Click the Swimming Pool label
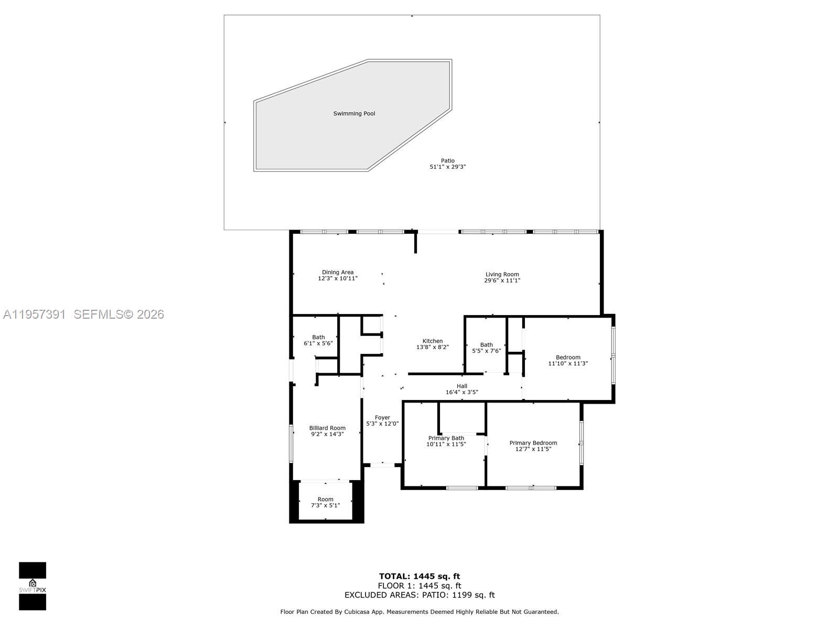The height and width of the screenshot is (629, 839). click(x=354, y=114)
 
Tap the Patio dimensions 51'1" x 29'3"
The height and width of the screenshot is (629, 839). click(x=448, y=167)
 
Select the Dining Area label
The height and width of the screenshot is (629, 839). click(x=338, y=272)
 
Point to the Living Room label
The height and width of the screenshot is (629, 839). click(x=502, y=274)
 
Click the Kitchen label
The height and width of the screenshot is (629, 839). click(x=433, y=341)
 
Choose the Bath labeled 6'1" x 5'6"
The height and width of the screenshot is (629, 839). click(x=318, y=341)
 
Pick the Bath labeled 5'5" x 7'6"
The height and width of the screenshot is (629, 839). click(x=487, y=348)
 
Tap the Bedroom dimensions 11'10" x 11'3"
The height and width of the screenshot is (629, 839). click(x=568, y=363)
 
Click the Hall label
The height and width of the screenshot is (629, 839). click(x=462, y=386)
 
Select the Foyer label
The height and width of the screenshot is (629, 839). click(x=382, y=418)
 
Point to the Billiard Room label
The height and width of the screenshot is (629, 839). click(x=327, y=428)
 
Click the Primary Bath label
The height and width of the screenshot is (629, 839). click(x=446, y=438)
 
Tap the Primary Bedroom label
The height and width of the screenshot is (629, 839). click(x=533, y=443)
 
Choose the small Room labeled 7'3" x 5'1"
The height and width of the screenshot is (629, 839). click(x=326, y=502)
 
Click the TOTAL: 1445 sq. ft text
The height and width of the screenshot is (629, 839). click(x=419, y=577)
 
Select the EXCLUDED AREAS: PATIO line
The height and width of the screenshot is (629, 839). click(x=419, y=595)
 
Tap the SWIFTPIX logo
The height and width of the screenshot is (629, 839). click(x=33, y=586)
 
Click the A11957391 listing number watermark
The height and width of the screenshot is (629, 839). click(x=34, y=314)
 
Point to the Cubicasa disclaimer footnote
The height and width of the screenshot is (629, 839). click(x=419, y=612)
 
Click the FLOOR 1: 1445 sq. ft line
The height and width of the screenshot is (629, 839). click(x=419, y=586)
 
